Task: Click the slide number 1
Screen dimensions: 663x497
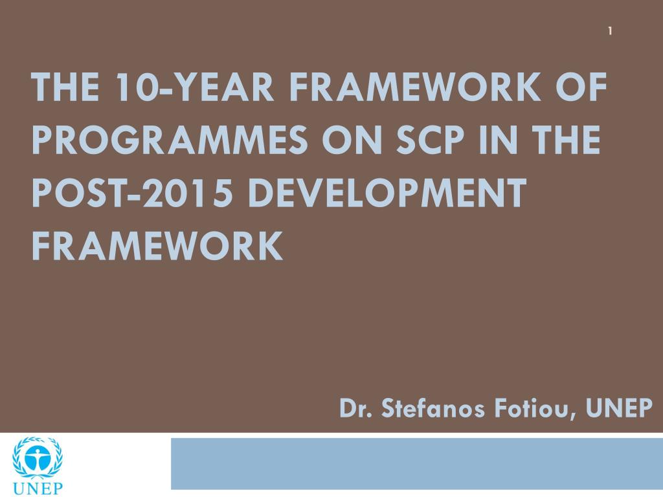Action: pos(610,31)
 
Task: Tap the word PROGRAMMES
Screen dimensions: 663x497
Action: pos(169,140)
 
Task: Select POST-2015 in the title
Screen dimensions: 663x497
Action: pos(132,193)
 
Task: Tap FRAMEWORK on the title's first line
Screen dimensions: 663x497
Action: pos(415,87)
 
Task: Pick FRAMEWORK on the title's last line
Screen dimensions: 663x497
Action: pos(157,245)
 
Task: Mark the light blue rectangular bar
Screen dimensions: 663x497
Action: pos(417,463)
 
